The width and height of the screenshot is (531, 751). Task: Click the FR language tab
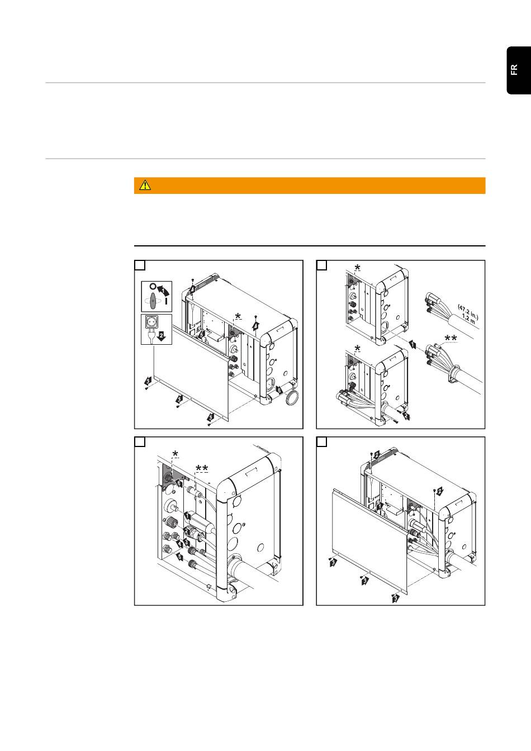519,70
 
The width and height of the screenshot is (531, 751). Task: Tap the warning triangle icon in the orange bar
145,185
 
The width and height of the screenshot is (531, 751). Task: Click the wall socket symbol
151,322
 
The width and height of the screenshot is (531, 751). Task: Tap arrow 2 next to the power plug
162,336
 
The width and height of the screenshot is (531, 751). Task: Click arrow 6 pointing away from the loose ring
279,390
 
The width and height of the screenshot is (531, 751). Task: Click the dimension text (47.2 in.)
468,312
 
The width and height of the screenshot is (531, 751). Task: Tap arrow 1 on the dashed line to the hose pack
413,344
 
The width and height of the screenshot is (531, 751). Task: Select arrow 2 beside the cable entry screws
406,416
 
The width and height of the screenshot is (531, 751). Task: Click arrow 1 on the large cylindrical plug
187,516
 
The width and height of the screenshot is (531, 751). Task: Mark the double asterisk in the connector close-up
202,468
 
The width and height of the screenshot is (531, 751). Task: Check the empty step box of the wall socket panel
140,265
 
